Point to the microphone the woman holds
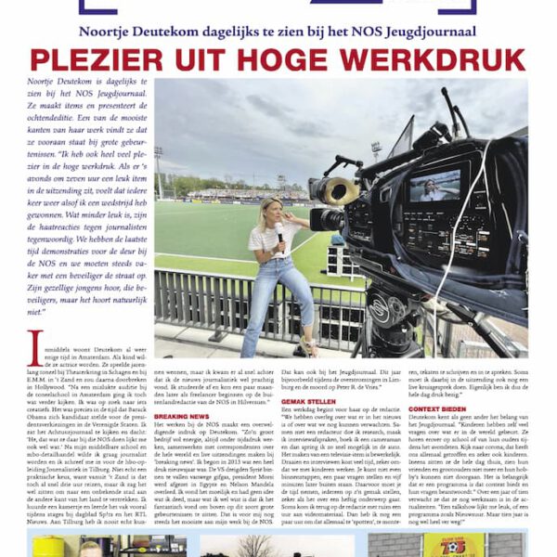click(x=278, y=231)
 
